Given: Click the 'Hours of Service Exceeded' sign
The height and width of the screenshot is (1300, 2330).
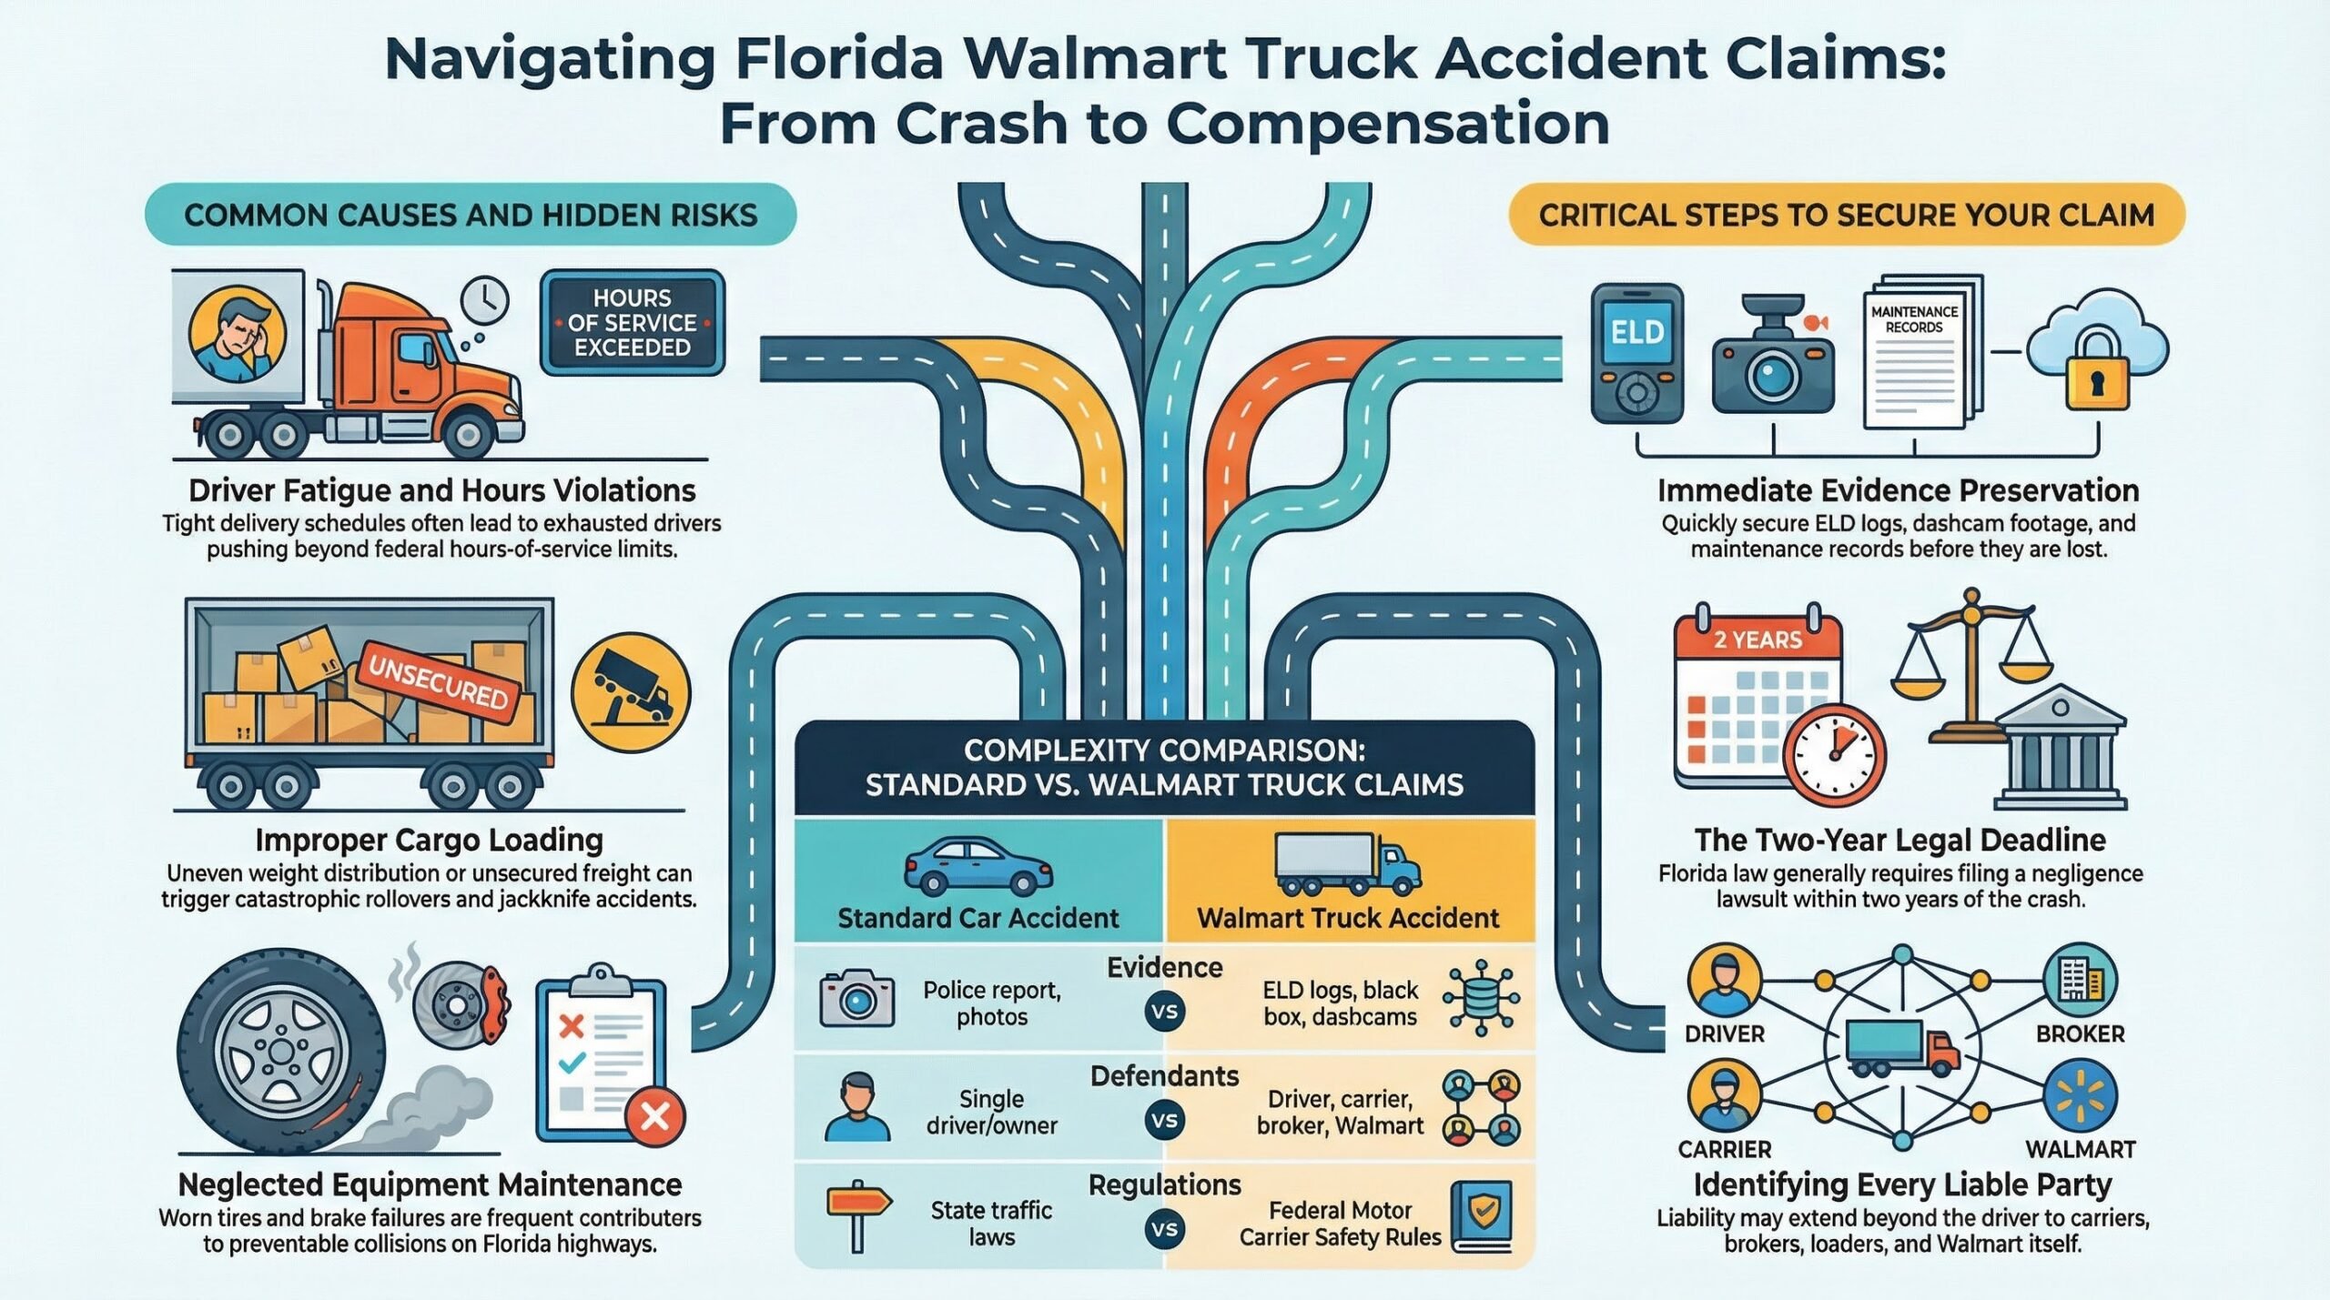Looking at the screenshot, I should pyautogui.click(x=633, y=323).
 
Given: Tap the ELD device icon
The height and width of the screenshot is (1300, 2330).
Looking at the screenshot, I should pyautogui.click(x=1636, y=353).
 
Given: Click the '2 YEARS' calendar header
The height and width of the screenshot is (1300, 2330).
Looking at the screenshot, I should pyautogui.click(x=1758, y=640).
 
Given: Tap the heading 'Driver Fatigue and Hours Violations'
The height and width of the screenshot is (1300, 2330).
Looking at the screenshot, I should pyautogui.click(x=441, y=490).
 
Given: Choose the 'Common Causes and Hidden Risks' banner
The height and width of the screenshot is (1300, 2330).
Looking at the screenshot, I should pyautogui.click(x=471, y=215).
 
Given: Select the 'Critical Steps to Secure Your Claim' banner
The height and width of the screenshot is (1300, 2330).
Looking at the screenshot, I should pyautogui.click(x=1846, y=215).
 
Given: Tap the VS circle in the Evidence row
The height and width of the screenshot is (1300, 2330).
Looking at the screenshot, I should pyautogui.click(x=1165, y=1012).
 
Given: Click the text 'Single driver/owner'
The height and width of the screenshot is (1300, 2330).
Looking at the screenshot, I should pyautogui.click(x=991, y=1112).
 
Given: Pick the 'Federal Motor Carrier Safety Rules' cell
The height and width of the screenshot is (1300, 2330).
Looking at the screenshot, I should pyautogui.click(x=1340, y=1224).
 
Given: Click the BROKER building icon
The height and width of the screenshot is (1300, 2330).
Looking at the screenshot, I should pyautogui.click(x=2080, y=980).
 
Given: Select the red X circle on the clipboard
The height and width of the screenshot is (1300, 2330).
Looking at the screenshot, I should pyautogui.click(x=654, y=1115).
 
